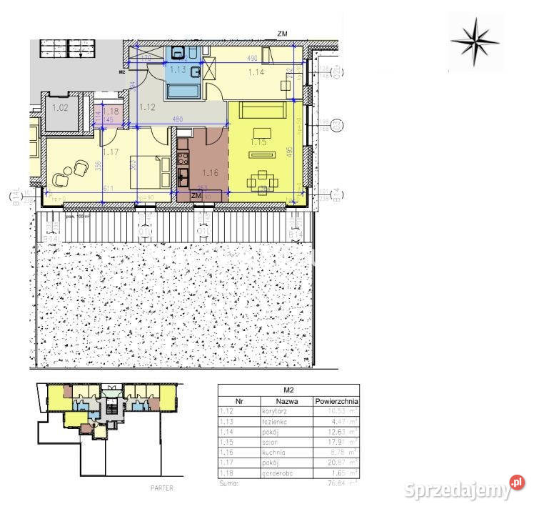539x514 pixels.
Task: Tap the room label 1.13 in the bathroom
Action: tap(177, 69)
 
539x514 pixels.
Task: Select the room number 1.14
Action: tap(255, 71)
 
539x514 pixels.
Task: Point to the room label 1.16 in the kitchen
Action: tap(210, 172)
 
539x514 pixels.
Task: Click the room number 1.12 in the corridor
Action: tap(148, 107)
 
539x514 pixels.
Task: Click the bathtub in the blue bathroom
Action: tap(183, 91)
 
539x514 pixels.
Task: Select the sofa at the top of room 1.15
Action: tap(262, 109)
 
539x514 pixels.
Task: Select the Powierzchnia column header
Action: tap(336, 402)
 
